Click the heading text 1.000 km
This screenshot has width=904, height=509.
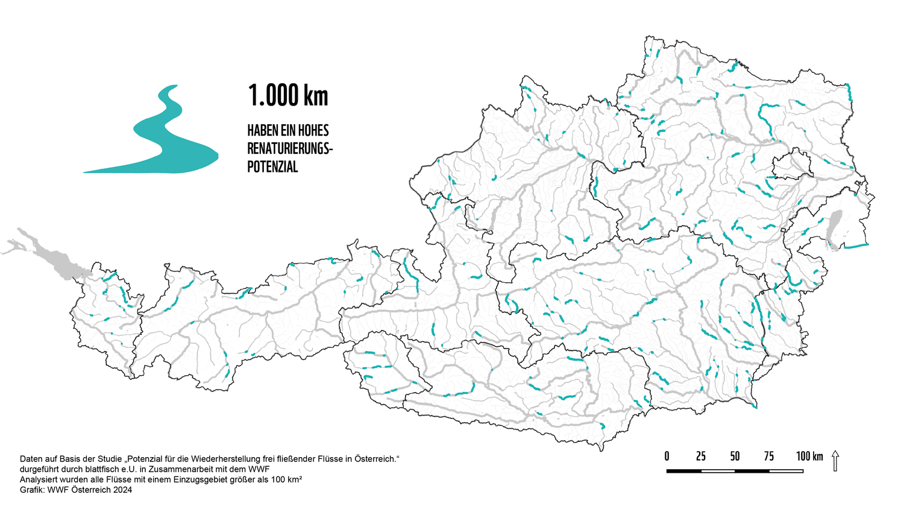coord(288,95)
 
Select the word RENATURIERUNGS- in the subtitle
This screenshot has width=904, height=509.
coord(290,148)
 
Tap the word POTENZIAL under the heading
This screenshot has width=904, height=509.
coord(272,166)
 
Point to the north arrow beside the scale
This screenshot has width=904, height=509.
coord(835,461)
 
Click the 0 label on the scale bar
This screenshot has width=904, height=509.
coord(667,456)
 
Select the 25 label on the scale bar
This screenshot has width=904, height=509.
coord(701,456)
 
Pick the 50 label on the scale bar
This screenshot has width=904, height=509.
coord(735,456)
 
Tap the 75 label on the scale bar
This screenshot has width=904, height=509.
coord(769,456)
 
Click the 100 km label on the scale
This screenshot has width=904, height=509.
coord(809,456)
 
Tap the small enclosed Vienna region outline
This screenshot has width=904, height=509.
coord(791,165)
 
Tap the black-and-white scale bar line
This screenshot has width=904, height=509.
coord(735,470)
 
